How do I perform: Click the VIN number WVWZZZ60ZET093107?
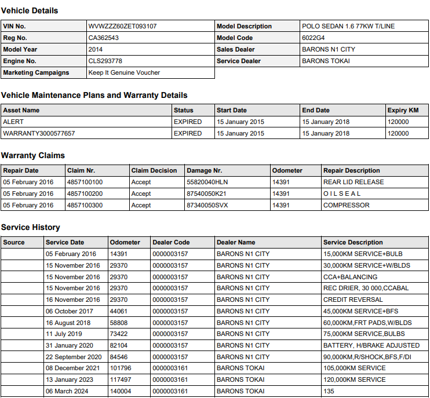click(122, 26)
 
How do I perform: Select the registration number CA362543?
click(104, 38)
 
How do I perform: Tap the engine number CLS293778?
click(105, 61)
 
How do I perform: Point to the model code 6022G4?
click(314, 38)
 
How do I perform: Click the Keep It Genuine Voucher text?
click(124, 72)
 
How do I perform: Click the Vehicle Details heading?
click(30, 10)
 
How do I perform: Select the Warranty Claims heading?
click(33, 155)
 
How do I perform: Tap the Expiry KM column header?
click(403, 110)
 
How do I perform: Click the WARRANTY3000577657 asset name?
click(39, 133)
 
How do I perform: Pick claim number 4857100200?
click(85, 193)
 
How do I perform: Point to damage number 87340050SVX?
click(207, 205)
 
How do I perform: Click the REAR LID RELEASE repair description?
click(354, 182)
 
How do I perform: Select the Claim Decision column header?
click(154, 170)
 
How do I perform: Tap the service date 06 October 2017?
click(70, 311)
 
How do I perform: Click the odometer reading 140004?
click(121, 391)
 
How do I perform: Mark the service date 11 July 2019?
click(64, 334)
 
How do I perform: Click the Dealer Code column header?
click(171, 242)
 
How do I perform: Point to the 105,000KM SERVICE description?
click(354, 368)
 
